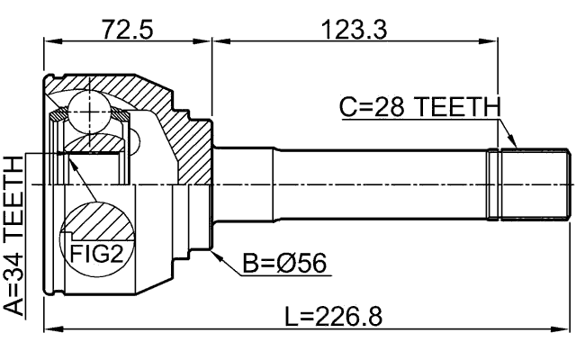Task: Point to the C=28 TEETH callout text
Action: coord(418,106)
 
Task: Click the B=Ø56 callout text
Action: coord(283,264)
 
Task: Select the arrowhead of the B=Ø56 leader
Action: coord(214,252)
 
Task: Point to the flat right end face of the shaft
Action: coord(570,184)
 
